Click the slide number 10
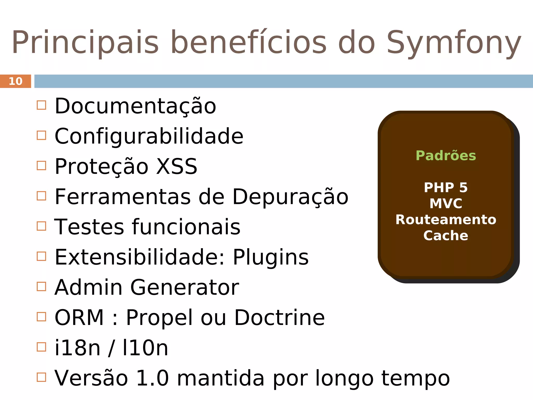pyautogui.click(x=16, y=81)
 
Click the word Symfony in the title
pyautogui.click(x=454, y=43)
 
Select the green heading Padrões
pyautogui.click(x=446, y=156)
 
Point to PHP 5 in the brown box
pyautogui.click(x=446, y=187)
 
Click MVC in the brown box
pyautogui.click(x=446, y=203)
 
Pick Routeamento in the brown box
pyautogui.click(x=446, y=220)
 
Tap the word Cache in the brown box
pyautogui.click(x=446, y=235)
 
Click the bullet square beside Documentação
pyautogui.click(x=41, y=105)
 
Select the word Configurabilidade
pyautogui.click(x=149, y=136)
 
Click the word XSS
pyautogui.click(x=177, y=166)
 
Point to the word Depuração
pyautogui.click(x=290, y=197)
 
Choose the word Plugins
pyautogui.click(x=271, y=257)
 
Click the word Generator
pyautogui.click(x=185, y=287)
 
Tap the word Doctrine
pyautogui.click(x=280, y=318)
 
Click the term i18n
pyautogui.click(x=77, y=348)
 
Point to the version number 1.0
pyautogui.click(x=152, y=378)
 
